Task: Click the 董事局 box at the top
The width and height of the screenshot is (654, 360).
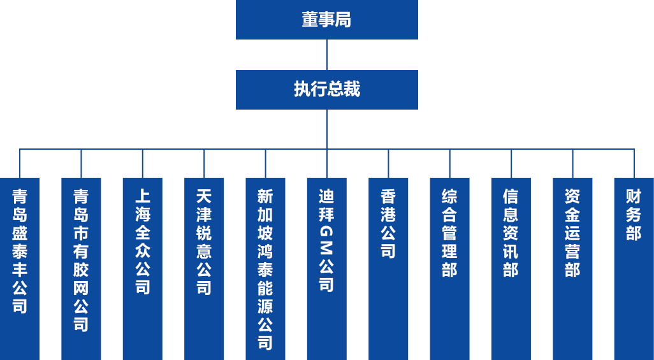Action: click(x=326, y=20)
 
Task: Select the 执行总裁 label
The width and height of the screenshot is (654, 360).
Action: click(x=326, y=89)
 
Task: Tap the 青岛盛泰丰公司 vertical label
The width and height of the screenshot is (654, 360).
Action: click(x=20, y=250)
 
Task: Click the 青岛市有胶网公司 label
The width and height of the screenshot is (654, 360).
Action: click(x=81, y=260)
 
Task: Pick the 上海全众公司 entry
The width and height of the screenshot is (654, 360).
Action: click(x=142, y=241)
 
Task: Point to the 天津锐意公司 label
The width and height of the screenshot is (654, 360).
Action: click(x=203, y=241)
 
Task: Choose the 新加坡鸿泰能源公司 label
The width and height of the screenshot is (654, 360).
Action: click(x=265, y=269)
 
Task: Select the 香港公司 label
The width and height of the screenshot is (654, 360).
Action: click(x=388, y=223)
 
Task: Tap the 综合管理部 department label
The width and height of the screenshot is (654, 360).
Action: click(x=449, y=233)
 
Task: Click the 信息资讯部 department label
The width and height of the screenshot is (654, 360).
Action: click(x=510, y=233)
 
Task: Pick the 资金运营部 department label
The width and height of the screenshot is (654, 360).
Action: click(x=572, y=233)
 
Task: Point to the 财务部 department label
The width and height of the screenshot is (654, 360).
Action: click(x=633, y=214)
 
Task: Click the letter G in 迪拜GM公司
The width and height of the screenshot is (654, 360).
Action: click(x=326, y=231)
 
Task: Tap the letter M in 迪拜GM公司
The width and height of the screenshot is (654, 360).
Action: click(x=326, y=248)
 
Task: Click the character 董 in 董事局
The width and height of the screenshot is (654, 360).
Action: click(x=310, y=20)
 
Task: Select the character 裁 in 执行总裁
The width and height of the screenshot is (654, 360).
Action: click(x=352, y=89)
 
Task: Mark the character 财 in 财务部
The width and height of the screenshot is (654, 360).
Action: click(x=633, y=196)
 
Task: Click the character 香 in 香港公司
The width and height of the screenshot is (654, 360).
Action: click(x=388, y=196)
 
